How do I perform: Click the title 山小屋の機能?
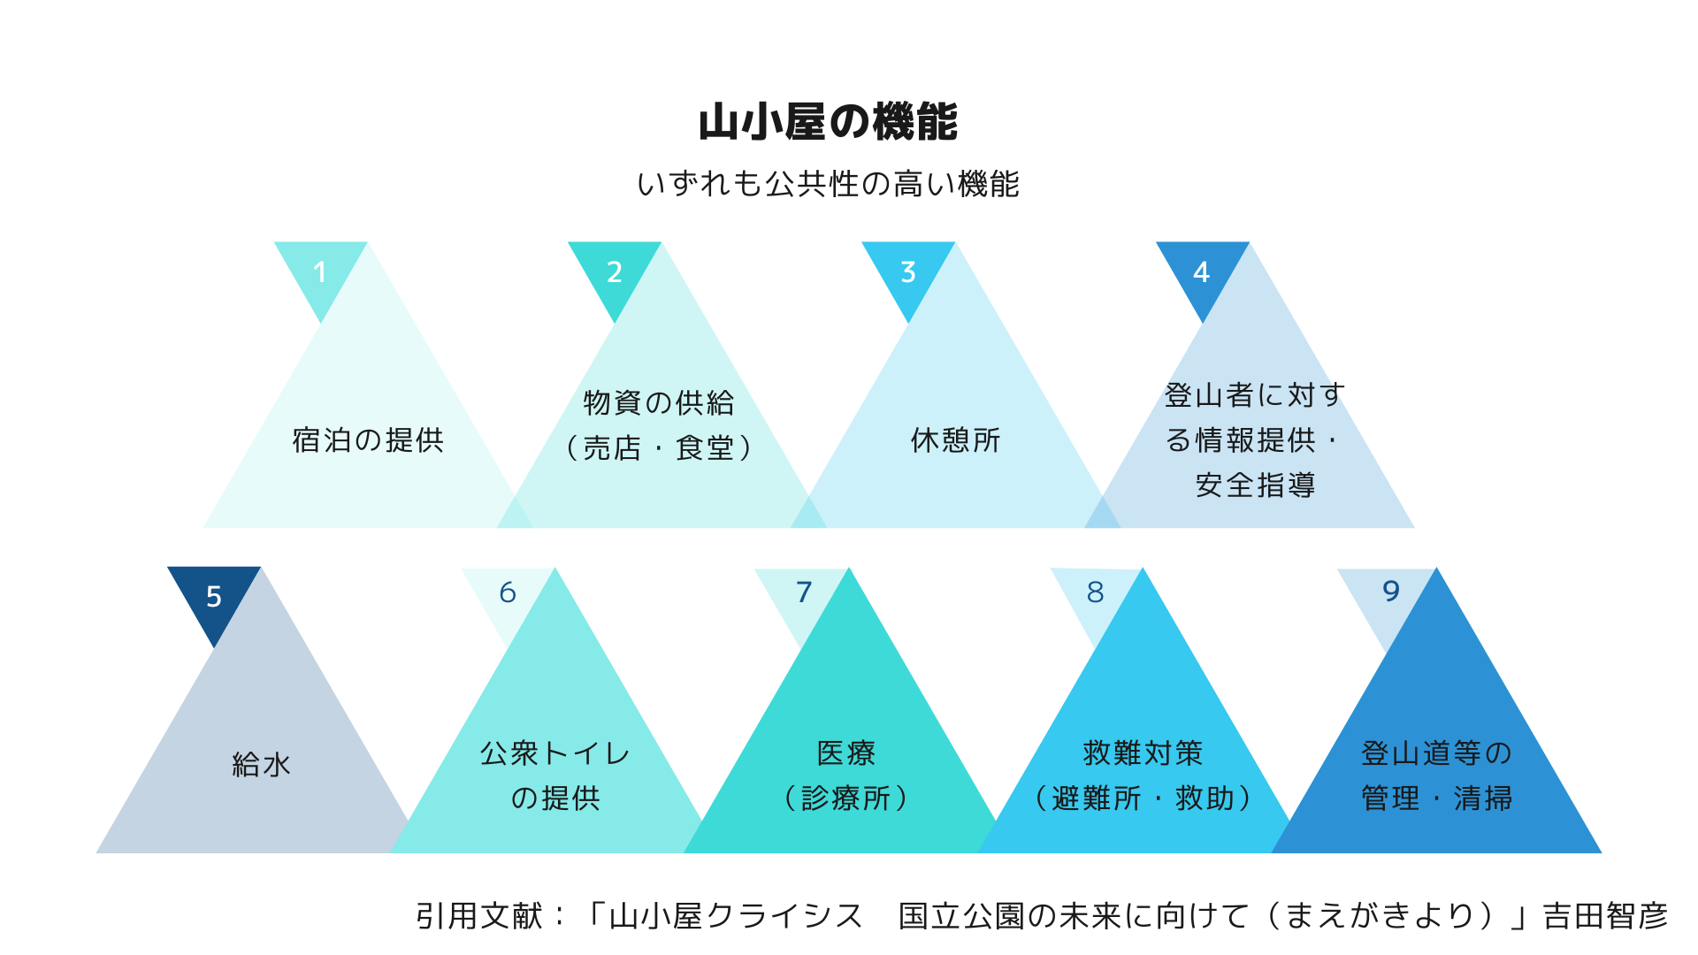pos(828,122)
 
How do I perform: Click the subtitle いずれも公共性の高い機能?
pos(828,184)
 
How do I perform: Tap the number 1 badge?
pos(320,271)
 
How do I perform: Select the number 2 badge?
pos(614,271)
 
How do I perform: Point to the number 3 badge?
pos(908,271)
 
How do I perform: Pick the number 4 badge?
pos(1201,271)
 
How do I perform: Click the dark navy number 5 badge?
pos(213,596)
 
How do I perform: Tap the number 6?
pos(508,592)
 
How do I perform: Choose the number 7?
pos(803,592)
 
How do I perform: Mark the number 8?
pos(1095,592)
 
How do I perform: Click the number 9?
pos(1390,591)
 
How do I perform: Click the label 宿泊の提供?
pos(368,440)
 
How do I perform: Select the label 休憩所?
pos(955,440)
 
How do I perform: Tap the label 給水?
pos(261,765)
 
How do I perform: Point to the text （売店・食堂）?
pos(659,448)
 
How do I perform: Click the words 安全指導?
pos(1255,485)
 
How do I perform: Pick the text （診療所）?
pos(846,798)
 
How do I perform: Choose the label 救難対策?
pos(1143,753)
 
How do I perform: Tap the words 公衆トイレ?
pos(555,753)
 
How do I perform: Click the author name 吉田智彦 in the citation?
pos(1604,916)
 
